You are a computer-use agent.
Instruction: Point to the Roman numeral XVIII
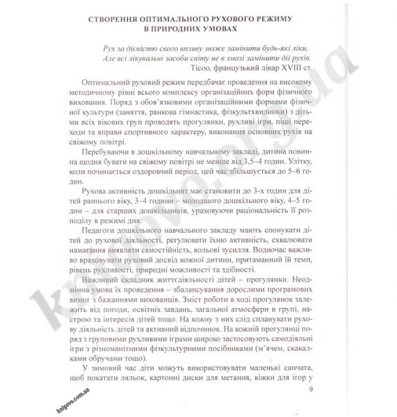coord(298,69)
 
